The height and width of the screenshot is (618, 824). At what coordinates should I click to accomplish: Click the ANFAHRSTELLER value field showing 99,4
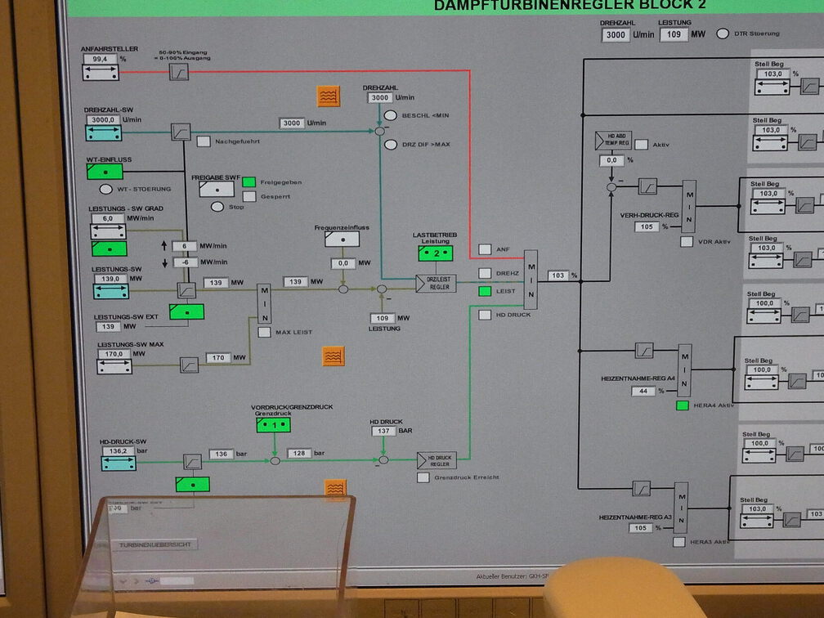[x=100, y=59]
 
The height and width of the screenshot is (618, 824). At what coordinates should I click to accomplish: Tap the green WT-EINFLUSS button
[x=105, y=172]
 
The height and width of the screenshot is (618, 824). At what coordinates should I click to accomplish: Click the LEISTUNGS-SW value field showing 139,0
[x=108, y=279]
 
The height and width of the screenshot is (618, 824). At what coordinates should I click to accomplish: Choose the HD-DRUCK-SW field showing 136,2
[x=118, y=450]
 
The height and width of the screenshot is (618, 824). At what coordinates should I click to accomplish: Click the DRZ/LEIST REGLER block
[x=436, y=284]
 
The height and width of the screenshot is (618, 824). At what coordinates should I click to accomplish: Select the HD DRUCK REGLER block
[x=437, y=460]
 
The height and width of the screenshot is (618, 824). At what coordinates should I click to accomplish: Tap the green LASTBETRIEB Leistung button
[x=436, y=253]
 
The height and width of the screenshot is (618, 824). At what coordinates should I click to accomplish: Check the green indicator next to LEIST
[x=485, y=291]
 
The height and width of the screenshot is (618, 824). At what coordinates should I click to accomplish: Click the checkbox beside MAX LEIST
[x=264, y=332]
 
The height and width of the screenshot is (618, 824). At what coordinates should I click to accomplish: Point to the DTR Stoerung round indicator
[x=722, y=34]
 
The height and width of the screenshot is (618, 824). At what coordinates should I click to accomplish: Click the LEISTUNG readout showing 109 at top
[x=674, y=35]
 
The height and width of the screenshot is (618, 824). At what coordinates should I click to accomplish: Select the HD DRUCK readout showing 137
[x=383, y=431]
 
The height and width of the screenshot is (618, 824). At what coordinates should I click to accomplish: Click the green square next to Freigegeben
[x=249, y=182]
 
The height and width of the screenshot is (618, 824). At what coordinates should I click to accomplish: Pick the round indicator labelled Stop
[x=217, y=207]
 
